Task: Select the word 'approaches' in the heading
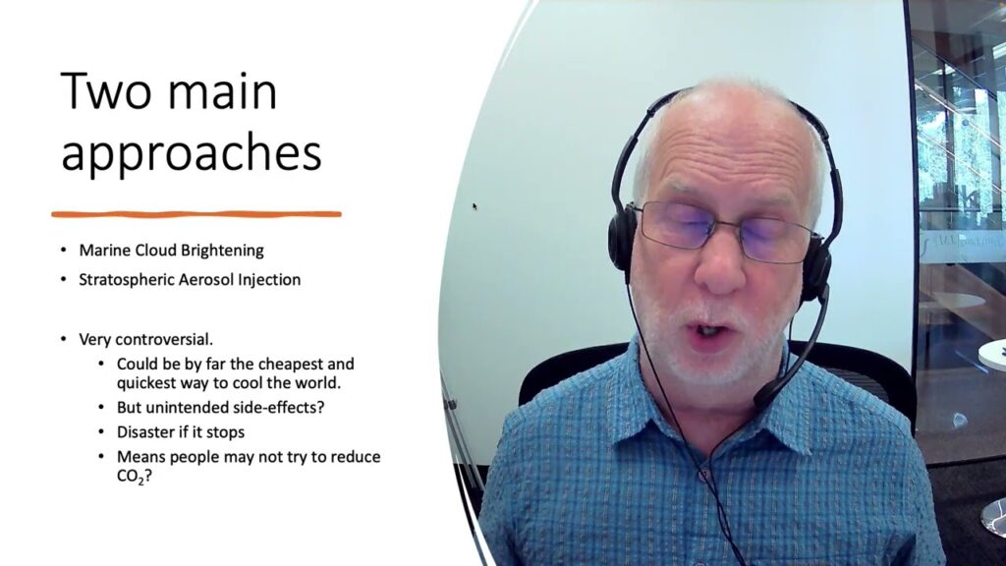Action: (191, 153)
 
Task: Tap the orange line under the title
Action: (196, 213)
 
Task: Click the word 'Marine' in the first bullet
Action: (104, 251)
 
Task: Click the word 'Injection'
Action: (270, 280)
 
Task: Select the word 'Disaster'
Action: (145, 431)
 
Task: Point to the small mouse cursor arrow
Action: (475, 206)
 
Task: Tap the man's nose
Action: (718, 275)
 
